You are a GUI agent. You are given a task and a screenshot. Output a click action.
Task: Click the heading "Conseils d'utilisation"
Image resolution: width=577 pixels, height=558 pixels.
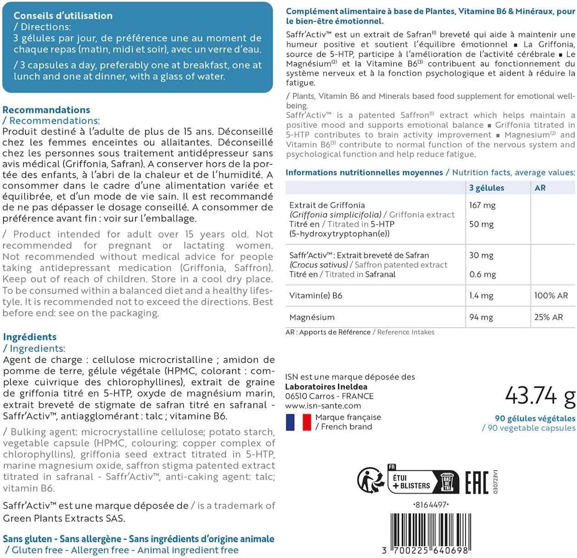(63, 16)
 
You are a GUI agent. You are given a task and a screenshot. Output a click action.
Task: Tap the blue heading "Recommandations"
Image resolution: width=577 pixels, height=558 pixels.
(46, 110)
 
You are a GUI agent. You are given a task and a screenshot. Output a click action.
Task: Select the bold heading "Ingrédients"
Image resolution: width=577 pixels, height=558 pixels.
(30, 337)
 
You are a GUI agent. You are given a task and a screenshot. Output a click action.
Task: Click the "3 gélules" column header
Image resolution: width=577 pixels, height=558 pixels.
(486, 188)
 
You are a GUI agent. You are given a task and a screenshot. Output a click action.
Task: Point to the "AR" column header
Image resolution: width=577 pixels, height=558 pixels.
(540, 188)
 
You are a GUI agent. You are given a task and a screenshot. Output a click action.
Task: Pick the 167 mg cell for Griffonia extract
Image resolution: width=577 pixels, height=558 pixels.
(482, 205)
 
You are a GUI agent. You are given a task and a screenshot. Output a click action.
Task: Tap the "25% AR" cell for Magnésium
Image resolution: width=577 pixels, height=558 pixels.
(548, 317)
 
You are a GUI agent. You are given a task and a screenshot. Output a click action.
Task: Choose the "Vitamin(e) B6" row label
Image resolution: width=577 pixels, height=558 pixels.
(316, 296)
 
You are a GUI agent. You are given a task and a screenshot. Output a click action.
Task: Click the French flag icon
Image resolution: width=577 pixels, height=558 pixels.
(298, 422)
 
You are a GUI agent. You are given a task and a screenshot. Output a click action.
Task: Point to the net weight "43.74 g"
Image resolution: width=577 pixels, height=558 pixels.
(540, 396)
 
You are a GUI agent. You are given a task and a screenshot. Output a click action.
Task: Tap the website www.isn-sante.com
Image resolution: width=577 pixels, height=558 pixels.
(323, 406)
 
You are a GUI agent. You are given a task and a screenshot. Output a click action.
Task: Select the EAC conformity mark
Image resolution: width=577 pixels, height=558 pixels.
(477, 482)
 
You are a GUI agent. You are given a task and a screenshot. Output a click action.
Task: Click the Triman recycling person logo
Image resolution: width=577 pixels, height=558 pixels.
(370, 481)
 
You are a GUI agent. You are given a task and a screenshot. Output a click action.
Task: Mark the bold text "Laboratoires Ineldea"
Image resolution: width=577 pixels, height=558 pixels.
(326, 387)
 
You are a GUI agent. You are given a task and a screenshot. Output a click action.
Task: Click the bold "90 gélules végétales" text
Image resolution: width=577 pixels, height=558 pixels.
(535, 418)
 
